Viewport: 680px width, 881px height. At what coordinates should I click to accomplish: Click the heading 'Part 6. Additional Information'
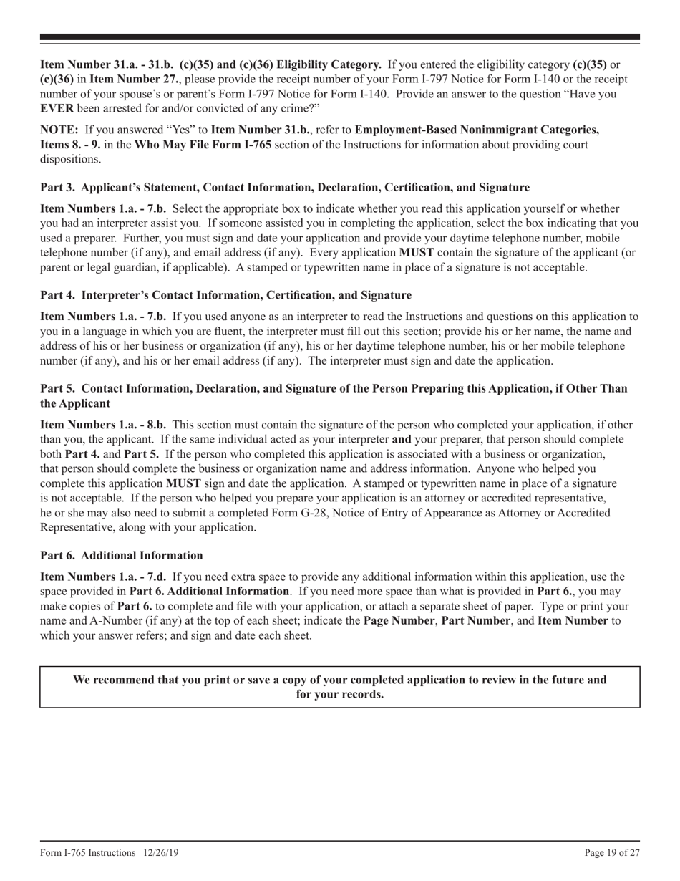[x=121, y=555]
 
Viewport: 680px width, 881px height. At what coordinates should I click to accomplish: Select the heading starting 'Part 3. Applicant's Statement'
[x=284, y=187]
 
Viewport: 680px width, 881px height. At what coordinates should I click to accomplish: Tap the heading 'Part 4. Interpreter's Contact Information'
[x=225, y=294]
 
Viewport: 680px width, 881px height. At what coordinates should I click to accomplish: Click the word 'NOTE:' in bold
[x=59, y=130]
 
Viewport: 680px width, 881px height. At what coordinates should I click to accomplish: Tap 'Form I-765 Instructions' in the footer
[x=87, y=852]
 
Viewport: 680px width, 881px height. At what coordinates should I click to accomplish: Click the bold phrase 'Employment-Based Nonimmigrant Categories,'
[x=477, y=130]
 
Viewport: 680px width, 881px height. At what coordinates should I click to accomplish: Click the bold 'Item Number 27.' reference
[x=129, y=79]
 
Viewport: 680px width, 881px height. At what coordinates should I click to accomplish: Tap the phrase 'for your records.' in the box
[x=339, y=694]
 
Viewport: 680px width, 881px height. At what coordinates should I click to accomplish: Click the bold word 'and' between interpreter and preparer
[x=402, y=438]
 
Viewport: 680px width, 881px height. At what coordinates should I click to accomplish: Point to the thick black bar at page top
[x=339, y=37]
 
